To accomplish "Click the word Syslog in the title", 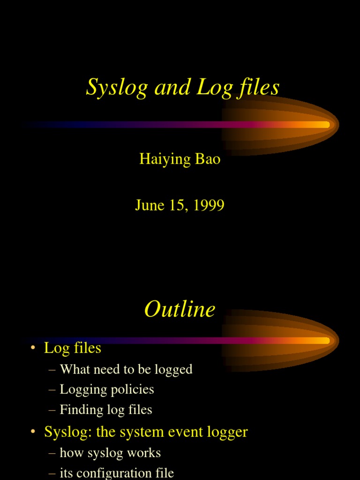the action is pos(117,88).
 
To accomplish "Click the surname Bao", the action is pos(208,159).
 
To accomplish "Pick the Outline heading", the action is pos(180,309).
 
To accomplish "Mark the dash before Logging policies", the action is pos(52,390).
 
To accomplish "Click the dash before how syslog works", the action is pos(52,453).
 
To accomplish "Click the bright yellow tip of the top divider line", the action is pos(326,125).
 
